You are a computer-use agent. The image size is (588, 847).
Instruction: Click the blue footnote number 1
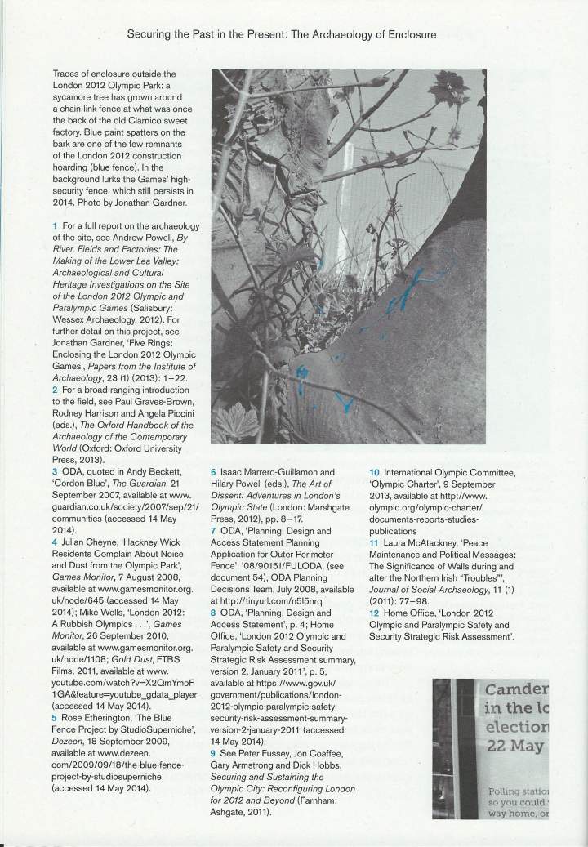(53, 225)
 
